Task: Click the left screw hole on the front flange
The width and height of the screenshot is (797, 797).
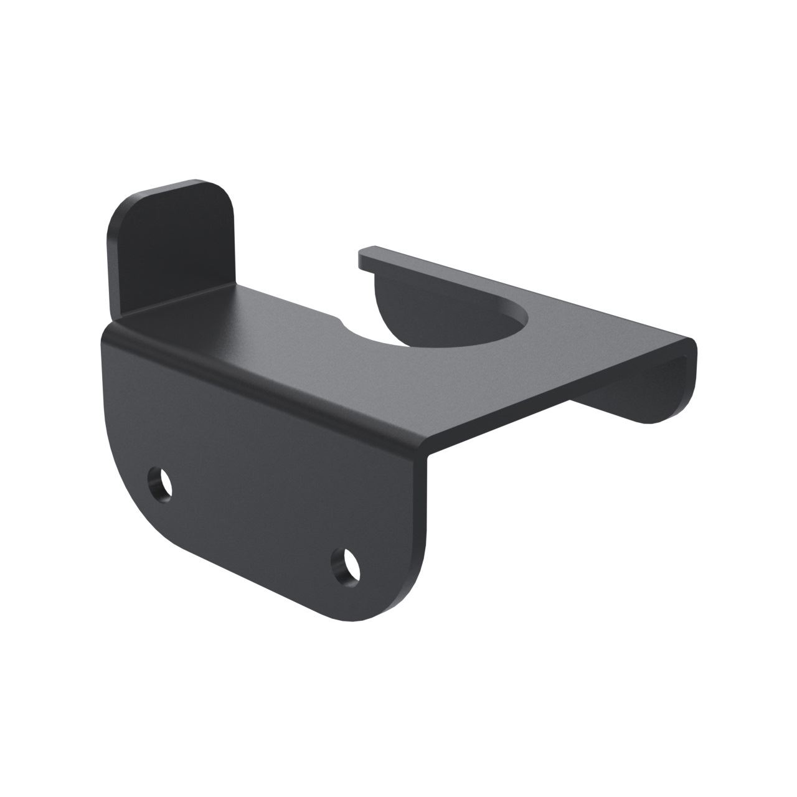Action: (x=161, y=483)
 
